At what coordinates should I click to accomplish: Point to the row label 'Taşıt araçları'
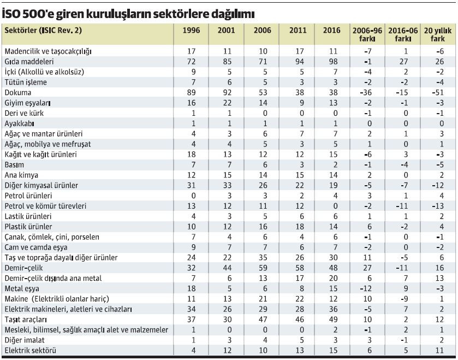tap(26, 320)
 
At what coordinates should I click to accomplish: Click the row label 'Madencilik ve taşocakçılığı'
tap(47, 51)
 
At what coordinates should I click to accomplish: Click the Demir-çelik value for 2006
tap(262, 268)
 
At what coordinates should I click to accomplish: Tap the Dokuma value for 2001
tap(226, 92)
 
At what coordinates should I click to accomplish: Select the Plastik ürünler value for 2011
tap(298, 227)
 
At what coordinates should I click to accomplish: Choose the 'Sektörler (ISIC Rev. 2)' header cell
tap(43, 31)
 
